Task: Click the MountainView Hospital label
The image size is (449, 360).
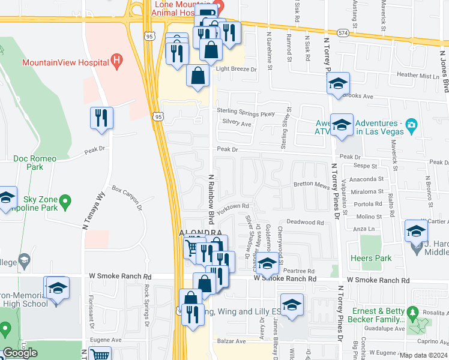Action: (x=65, y=62)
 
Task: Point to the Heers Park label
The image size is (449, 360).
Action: (x=376, y=258)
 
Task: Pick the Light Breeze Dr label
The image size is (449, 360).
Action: (x=236, y=69)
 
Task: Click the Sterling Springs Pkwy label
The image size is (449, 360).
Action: (x=246, y=113)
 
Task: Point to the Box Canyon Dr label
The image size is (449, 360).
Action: (x=127, y=198)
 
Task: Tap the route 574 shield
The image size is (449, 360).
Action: (x=343, y=33)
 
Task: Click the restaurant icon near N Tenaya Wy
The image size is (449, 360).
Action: (x=101, y=118)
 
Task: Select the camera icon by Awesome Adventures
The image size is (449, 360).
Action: (x=411, y=125)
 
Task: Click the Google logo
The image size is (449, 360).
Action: (x=20, y=353)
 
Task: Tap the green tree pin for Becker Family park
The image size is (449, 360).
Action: (x=412, y=313)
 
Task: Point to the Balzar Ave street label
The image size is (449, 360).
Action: (x=232, y=341)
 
